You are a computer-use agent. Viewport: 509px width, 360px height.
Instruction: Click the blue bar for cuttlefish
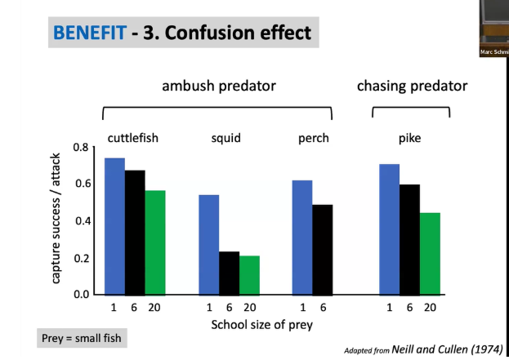(114, 226)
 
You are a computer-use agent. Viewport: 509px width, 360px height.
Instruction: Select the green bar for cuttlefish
(155, 242)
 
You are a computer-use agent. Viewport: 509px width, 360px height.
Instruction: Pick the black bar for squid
(230, 273)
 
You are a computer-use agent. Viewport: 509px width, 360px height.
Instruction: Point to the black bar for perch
(323, 250)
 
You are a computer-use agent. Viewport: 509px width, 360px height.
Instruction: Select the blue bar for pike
(390, 229)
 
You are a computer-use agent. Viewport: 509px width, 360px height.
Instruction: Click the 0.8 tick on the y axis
(82, 148)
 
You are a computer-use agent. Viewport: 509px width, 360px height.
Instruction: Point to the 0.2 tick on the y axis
(82, 258)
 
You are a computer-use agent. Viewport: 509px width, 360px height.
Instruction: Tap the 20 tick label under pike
(431, 307)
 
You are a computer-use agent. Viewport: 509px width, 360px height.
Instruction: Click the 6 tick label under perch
(323, 307)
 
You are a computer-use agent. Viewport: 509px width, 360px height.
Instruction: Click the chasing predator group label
(412, 86)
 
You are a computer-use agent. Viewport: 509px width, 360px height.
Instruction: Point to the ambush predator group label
(217, 86)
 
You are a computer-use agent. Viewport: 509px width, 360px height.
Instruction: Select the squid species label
(226, 138)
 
